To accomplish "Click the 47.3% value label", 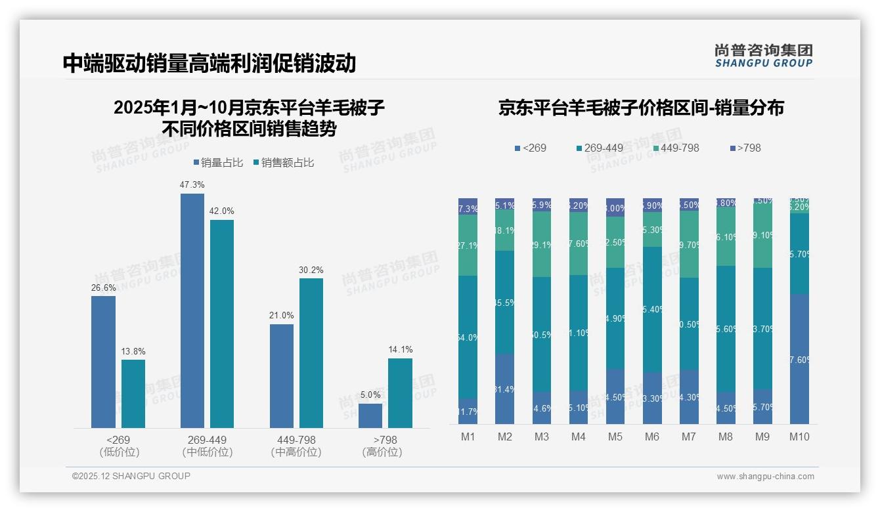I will (x=192, y=185).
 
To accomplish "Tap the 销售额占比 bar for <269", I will (x=133, y=394).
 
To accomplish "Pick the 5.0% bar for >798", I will (x=370, y=416).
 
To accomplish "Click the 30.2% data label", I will (x=311, y=270).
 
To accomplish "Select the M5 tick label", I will (x=615, y=437).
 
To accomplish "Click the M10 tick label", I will (x=799, y=437).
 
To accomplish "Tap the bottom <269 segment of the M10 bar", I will (x=799, y=359).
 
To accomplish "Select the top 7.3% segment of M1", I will (x=468, y=206).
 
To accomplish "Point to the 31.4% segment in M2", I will (x=504, y=389).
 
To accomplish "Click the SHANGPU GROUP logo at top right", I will (x=764, y=56).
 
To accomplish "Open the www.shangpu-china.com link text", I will (x=765, y=477).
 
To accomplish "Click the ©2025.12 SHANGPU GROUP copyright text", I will (x=131, y=476).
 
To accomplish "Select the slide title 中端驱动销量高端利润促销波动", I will (x=209, y=64).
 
